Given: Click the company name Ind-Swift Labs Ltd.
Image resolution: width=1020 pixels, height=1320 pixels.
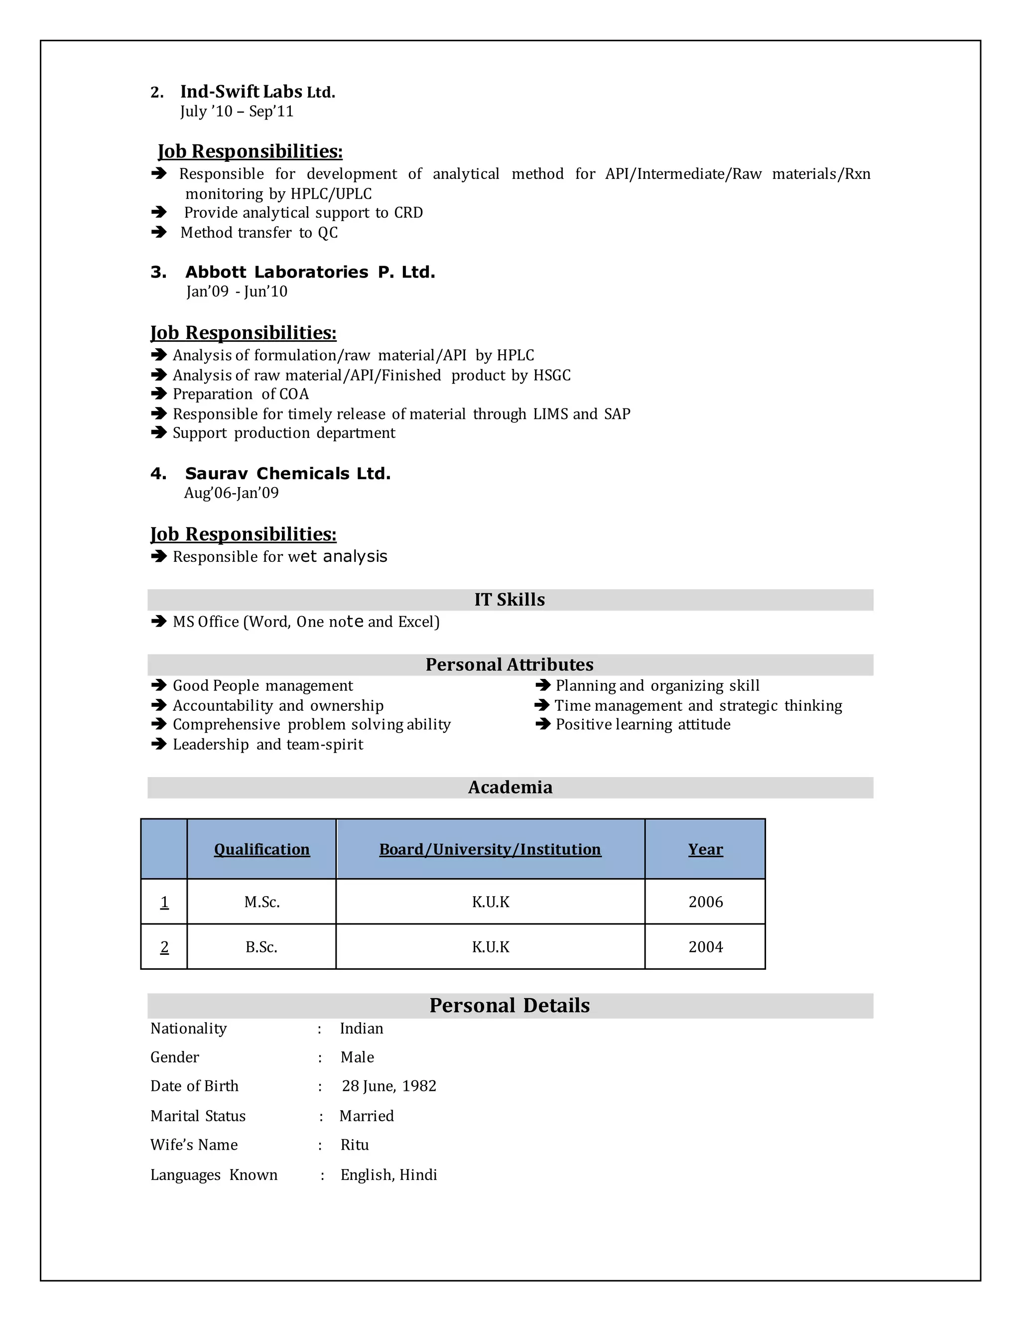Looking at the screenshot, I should [257, 92].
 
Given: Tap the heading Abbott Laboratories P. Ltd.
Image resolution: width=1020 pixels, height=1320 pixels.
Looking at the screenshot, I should [309, 272].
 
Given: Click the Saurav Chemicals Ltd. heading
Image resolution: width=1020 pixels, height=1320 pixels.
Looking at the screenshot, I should [288, 474].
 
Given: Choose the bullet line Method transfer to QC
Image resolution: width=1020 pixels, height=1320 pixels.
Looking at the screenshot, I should [258, 233].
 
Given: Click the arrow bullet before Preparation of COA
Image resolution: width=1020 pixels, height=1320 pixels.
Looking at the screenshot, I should [158, 394].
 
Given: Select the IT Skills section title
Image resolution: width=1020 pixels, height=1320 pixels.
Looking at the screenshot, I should [510, 600].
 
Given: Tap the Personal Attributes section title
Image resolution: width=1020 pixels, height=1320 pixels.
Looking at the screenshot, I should [510, 665].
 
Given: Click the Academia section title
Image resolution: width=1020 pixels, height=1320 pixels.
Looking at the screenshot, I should [510, 788].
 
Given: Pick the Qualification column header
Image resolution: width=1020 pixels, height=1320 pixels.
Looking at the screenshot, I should [261, 849].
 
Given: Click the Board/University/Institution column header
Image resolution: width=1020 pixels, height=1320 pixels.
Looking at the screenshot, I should [490, 849].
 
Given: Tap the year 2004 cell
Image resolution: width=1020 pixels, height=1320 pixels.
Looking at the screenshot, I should [705, 947].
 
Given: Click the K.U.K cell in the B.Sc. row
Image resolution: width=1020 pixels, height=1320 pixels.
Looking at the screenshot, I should [490, 947].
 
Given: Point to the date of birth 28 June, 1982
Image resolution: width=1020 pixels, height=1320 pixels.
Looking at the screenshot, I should [388, 1086].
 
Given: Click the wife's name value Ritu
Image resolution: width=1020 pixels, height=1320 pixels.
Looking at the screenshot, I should [354, 1145].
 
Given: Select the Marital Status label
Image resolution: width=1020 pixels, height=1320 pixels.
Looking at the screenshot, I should [198, 1116].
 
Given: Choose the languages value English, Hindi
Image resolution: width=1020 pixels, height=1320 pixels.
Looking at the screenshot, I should [388, 1175].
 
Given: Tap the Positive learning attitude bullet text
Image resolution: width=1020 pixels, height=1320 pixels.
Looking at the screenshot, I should [642, 725].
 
